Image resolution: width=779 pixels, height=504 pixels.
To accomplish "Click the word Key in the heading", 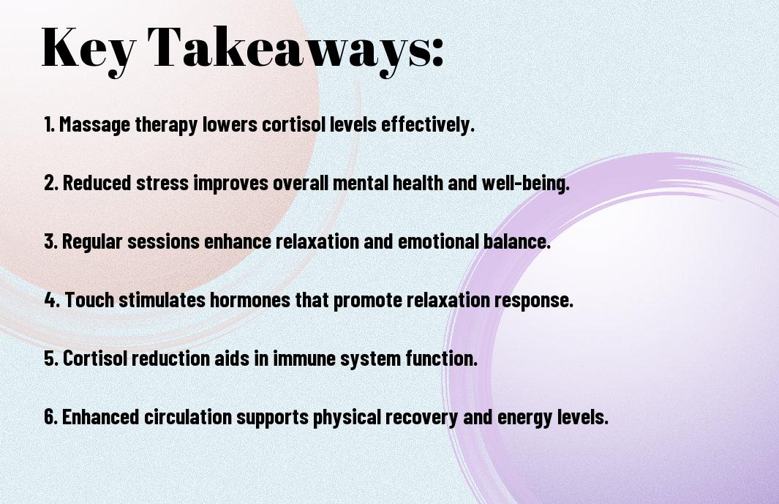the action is tap(88, 49).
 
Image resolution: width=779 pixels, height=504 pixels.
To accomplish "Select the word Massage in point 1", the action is tap(94, 125).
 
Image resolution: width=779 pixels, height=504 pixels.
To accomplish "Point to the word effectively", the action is tap(428, 124).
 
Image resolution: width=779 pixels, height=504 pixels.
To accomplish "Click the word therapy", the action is tap(167, 125).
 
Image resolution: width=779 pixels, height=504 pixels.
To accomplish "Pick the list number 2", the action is tap(50, 183).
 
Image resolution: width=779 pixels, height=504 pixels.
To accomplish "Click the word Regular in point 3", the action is tap(92, 242).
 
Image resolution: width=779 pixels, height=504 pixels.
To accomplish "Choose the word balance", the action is tap(516, 241).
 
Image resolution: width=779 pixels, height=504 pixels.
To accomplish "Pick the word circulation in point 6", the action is tap(188, 416).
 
